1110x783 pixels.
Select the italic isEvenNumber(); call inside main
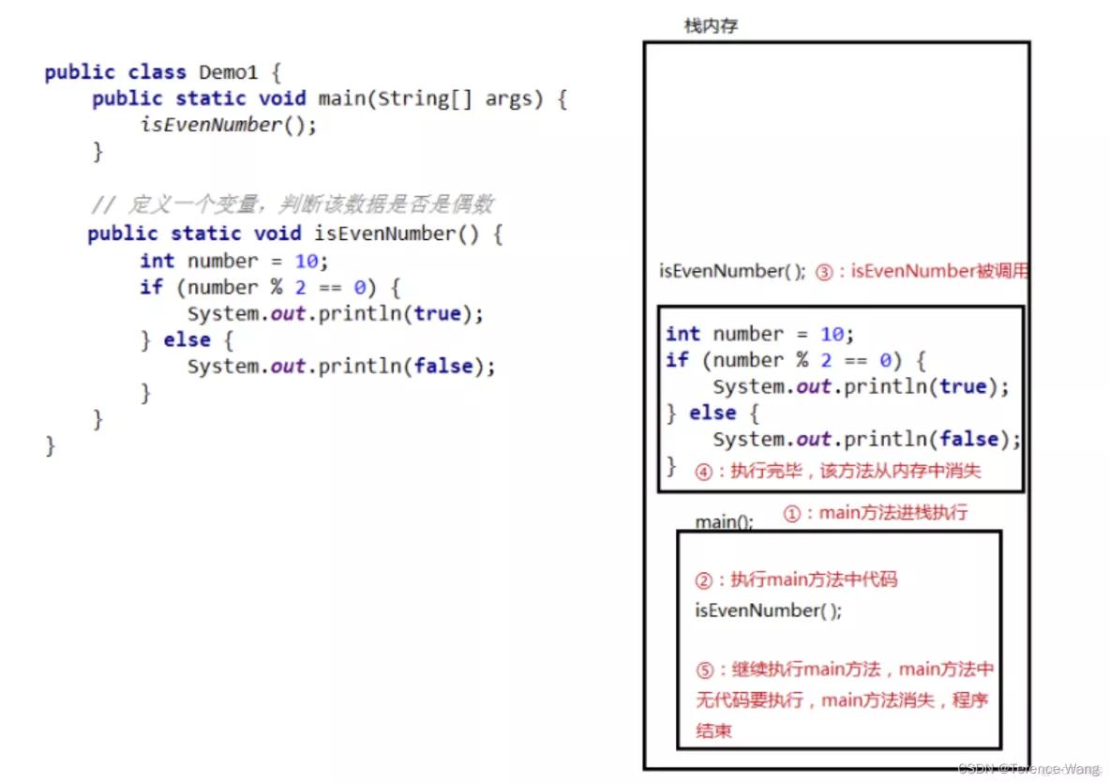[229, 125]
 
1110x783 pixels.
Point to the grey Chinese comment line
[292, 204]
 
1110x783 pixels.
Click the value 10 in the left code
[307, 261]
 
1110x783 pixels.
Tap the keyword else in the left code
[187, 339]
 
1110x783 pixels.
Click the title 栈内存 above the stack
[711, 26]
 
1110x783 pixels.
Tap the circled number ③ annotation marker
[824, 272]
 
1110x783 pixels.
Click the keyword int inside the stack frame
[682, 334]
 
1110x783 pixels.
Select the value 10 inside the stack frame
[832, 334]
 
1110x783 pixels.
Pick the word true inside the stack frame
[963, 386]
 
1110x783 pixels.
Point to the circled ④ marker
[703, 472]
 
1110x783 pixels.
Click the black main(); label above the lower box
[724, 521]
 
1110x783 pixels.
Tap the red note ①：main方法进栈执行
[875, 513]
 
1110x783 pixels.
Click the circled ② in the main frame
[705, 580]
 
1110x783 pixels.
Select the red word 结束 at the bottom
[713, 731]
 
